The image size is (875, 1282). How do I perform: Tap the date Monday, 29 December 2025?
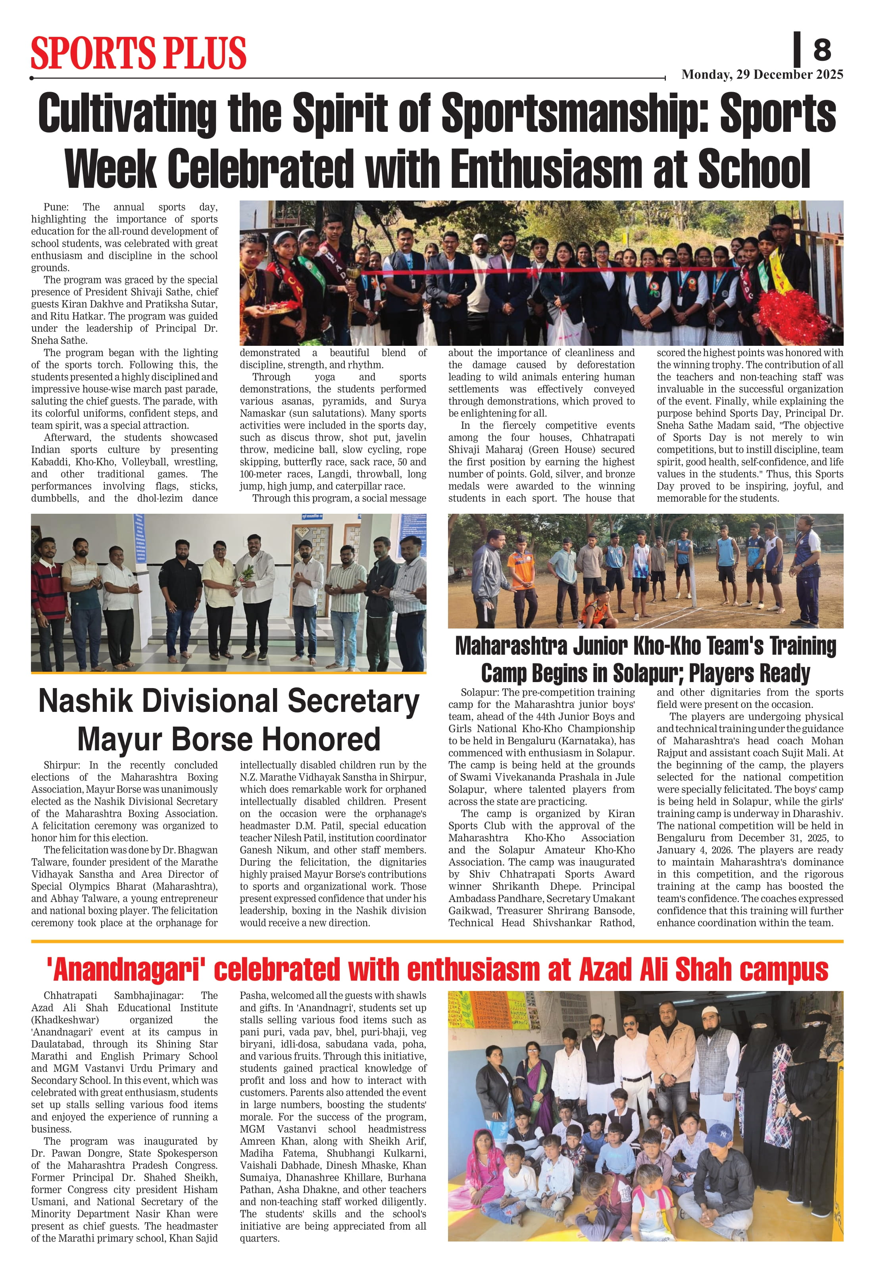[762, 75]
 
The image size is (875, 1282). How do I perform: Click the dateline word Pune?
[56, 207]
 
